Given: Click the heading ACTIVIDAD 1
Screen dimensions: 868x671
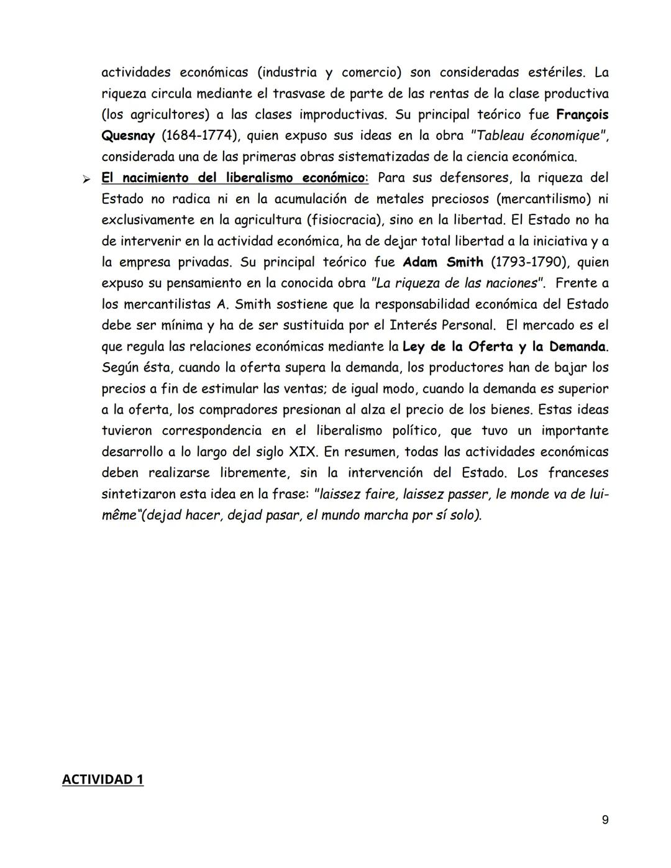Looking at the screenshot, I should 103,779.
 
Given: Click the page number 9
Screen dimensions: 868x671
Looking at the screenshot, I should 605,820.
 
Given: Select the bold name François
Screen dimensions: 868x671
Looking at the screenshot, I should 582,114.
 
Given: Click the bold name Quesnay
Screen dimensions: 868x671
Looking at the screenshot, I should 128,135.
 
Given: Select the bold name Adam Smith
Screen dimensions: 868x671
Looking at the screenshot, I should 443,262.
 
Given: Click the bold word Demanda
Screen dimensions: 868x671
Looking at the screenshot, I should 577,347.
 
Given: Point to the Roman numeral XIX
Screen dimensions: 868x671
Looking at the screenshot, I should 303,452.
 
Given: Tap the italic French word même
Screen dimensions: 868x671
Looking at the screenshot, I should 118,516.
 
